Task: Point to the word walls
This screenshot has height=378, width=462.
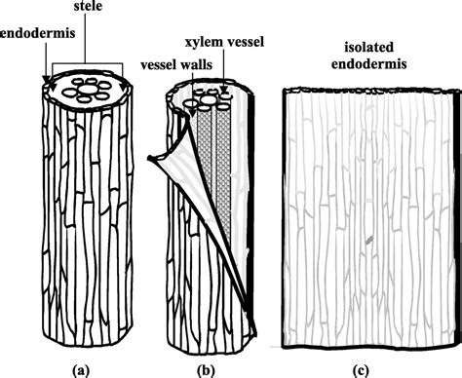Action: [195, 63]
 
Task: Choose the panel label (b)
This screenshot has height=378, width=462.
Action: [208, 367]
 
